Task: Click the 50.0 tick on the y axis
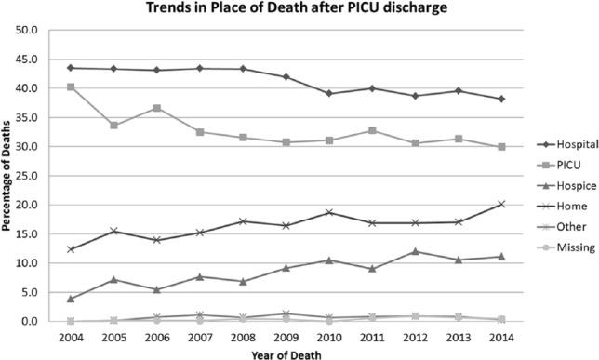click(25, 30)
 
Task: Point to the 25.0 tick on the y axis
click(25, 176)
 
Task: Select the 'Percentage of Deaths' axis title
click(7, 176)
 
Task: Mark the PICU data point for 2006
click(155, 108)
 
